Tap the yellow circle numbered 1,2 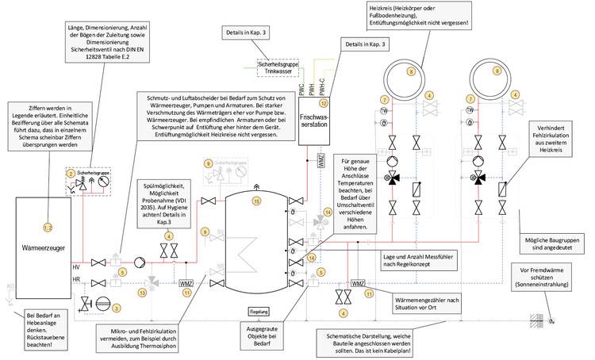tap(47, 206)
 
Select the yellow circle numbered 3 tap(116, 308)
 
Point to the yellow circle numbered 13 tap(142, 292)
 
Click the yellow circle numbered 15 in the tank tap(256, 201)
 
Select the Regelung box tap(259, 312)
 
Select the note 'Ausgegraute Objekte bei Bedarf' tap(259, 334)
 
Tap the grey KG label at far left tap(10, 284)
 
